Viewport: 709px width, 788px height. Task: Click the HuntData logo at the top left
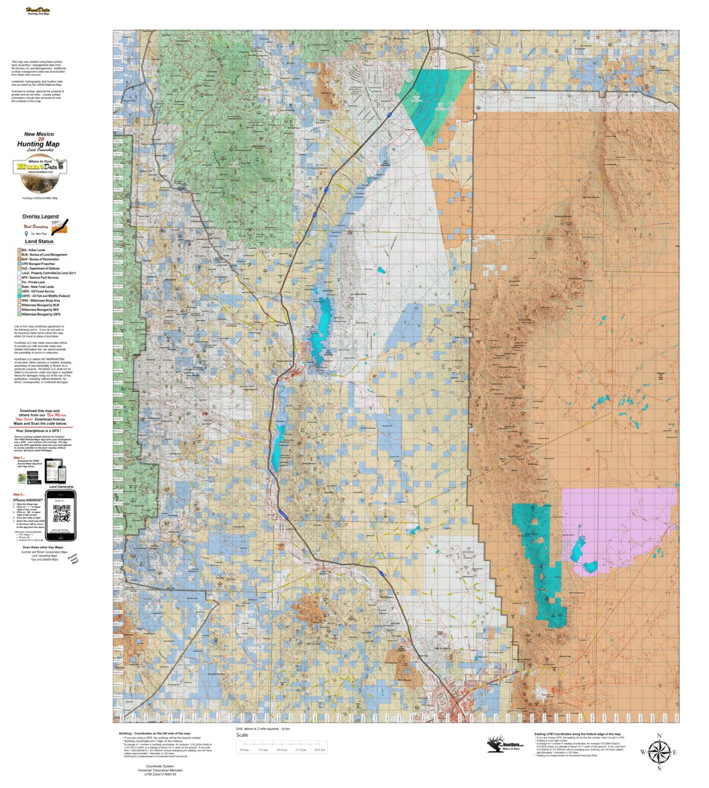pyautogui.click(x=38, y=11)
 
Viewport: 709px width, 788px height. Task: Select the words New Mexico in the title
pyautogui.click(x=39, y=134)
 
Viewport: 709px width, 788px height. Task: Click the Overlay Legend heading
pyautogui.click(x=40, y=216)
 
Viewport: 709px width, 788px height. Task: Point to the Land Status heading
pyautogui.click(x=39, y=241)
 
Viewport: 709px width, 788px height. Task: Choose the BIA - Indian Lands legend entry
pyautogui.click(x=34, y=250)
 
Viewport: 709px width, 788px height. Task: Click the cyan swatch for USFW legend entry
pyautogui.click(x=19, y=296)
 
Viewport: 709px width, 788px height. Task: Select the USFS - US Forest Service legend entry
pyautogui.click(x=38, y=291)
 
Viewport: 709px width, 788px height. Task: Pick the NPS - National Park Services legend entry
pyautogui.click(x=41, y=277)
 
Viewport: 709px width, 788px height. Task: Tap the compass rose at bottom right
pyautogui.click(x=658, y=751)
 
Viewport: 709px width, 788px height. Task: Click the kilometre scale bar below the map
pyautogui.click(x=282, y=747)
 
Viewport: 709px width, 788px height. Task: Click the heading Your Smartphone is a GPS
pyautogui.click(x=41, y=431)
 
